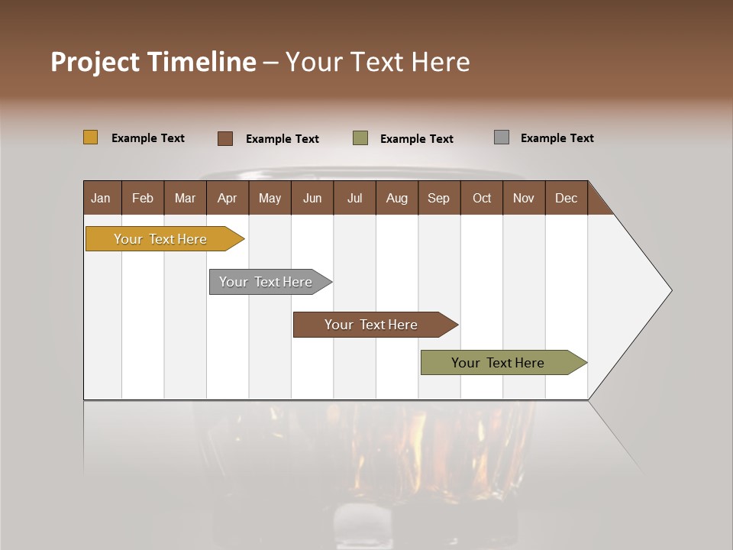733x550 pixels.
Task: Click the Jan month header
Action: click(101, 198)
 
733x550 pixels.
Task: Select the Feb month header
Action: click(143, 198)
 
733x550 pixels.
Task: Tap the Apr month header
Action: click(227, 198)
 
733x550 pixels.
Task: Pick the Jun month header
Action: click(312, 198)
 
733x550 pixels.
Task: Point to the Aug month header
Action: click(396, 198)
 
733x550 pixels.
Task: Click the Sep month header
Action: click(438, 198)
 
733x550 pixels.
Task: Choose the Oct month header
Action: click(482, 198)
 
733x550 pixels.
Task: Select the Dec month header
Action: click(566, 198)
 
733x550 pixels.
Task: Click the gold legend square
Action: click(91, 137)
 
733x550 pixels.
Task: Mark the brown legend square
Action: click(225, 138)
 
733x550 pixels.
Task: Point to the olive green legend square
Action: click(360, 137)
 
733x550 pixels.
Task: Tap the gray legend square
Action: click(502, 137)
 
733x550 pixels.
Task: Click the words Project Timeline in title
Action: click(153, 62)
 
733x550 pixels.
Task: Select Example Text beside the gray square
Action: click(557, 138)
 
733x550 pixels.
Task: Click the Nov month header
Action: click(524, 198)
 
